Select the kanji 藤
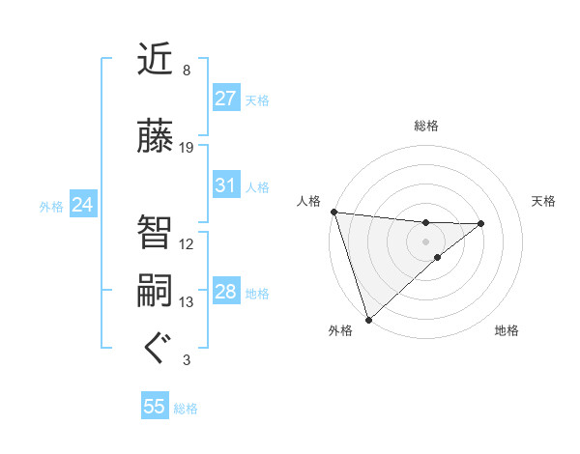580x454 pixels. coord(156,138)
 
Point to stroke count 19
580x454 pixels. coord(187,148)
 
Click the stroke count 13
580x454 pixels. coord(187,302)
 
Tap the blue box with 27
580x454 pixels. coord(226,99)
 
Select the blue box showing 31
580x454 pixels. coord(226,185)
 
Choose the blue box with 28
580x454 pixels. coord(226,292)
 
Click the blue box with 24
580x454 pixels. coord(82,205)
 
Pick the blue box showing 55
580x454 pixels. coord(155,407)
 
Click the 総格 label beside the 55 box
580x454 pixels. coord(186,409)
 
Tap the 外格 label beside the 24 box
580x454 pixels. coord(51,207)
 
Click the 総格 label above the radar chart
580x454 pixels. coord(426,126)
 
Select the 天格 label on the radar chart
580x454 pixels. coord(544,201)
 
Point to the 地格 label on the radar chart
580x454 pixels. coord(507,330)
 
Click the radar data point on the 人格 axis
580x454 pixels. coord(333,212)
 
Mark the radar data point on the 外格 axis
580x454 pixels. coord(368,318)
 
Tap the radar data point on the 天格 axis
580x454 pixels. coord(481,223)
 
